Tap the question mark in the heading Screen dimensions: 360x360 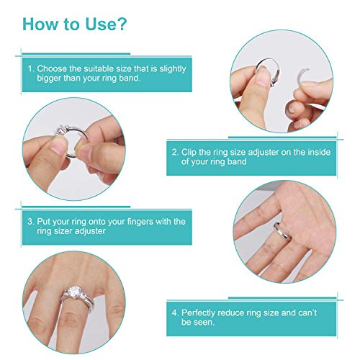(x=123, y=24)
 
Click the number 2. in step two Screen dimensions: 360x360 (x=175, y=152)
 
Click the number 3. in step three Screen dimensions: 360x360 (x=31, y=221)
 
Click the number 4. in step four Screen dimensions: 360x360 (x=175, y=314)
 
